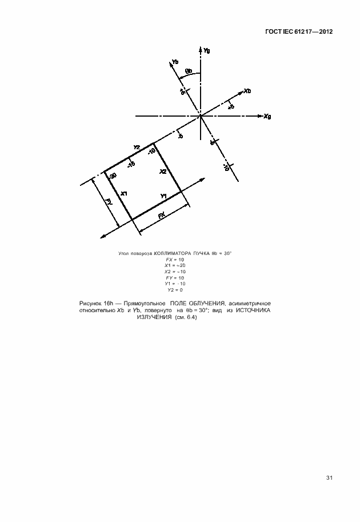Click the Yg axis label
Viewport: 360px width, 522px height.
point(207,50)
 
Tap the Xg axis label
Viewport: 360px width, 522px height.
point(267,116)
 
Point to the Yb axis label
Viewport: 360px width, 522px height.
point(175,61)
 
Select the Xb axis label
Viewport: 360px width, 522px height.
point(247,91)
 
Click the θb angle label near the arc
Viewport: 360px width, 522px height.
point(189,72)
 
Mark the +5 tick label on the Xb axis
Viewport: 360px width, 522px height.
point(231,106)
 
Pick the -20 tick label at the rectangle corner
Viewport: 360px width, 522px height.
point(112,176)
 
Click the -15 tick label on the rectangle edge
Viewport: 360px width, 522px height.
point(131,165)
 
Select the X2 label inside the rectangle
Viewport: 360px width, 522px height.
point(163,172)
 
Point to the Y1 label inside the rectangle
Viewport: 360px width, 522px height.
point(163,197)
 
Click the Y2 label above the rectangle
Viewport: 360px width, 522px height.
point(137,148)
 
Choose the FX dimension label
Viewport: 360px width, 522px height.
point(162,216)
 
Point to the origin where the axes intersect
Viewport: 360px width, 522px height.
point(201,116)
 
